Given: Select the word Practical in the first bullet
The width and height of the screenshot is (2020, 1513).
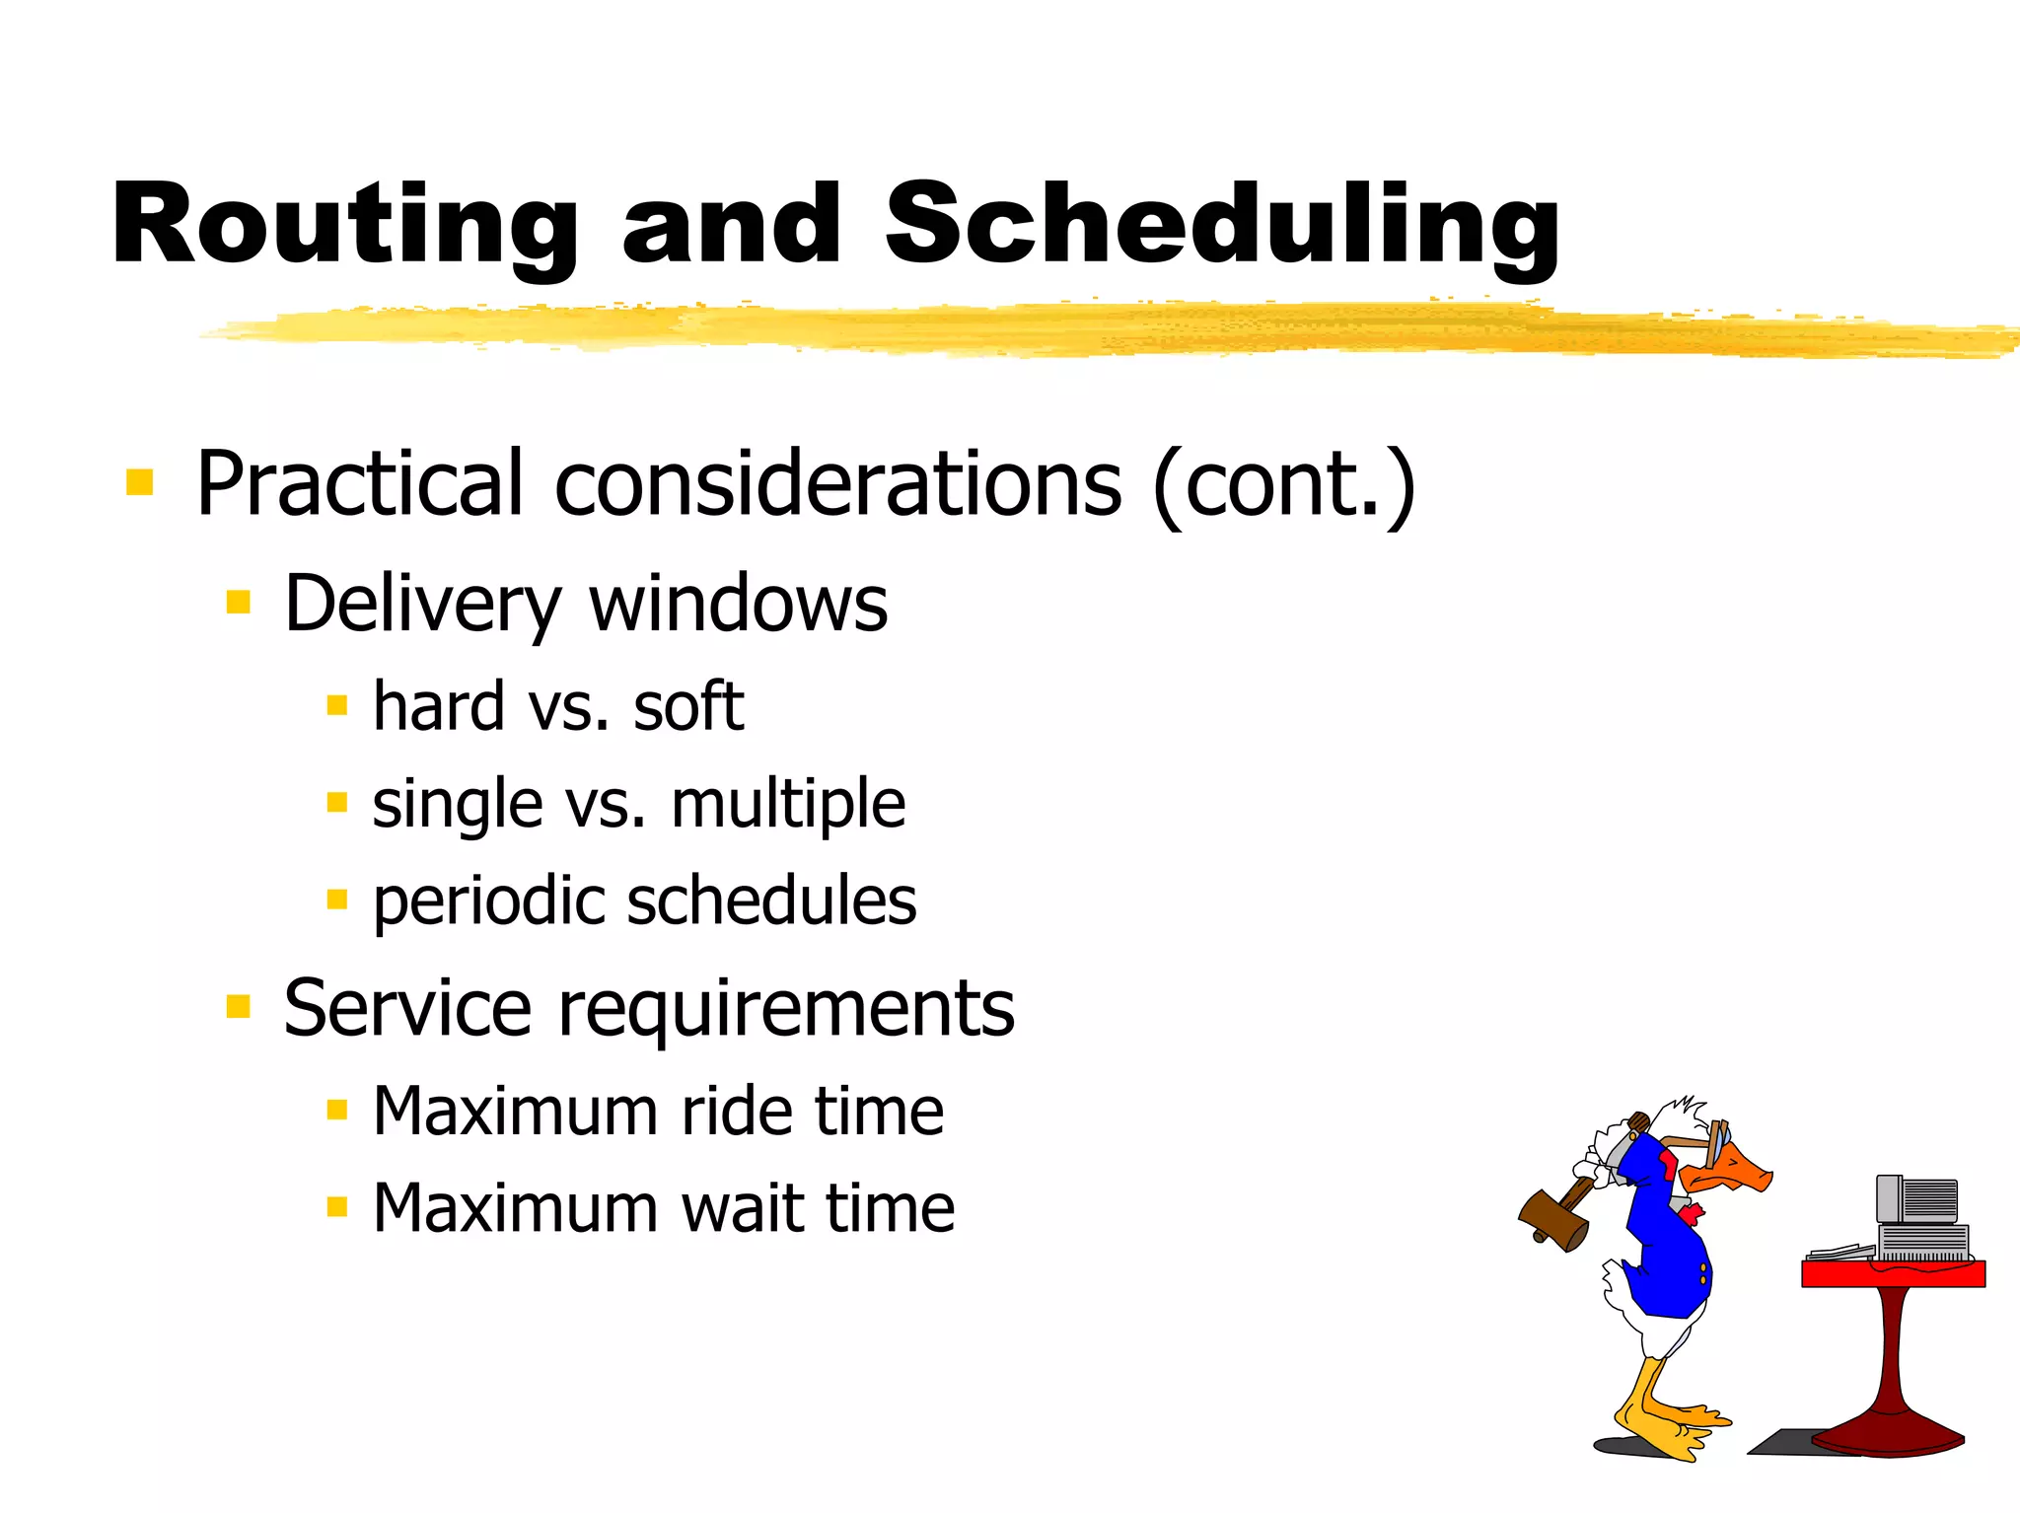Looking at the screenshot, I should coord(359,483).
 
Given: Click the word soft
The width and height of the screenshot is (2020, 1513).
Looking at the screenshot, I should coord(687,707).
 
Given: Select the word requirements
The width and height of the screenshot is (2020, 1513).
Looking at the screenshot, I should coord(786,1008).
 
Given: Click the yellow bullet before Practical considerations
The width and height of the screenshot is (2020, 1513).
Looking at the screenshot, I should coord(140,482).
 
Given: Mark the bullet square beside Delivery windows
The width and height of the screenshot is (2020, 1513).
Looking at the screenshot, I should coord(239,602).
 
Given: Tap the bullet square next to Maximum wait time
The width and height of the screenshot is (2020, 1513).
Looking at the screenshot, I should coord(337,1206).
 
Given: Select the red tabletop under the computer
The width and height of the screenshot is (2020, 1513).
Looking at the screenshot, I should coord(1893,1273).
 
